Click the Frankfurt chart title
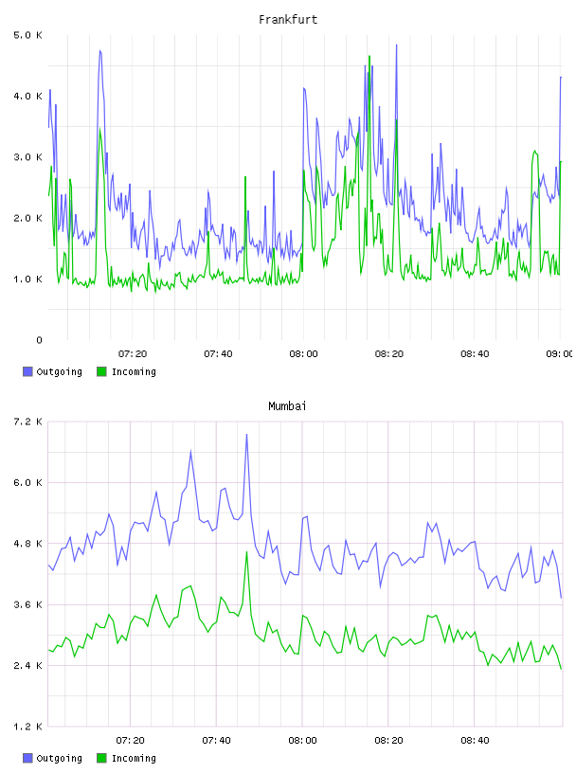coord(288,19)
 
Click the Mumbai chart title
coord(287,405)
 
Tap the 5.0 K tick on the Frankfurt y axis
coord(28,35)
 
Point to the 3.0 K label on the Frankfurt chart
coord(28,157)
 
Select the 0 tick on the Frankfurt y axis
coord(39,340)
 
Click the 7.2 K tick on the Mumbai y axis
coord(28,422)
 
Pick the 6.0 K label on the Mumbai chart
coord(28,482)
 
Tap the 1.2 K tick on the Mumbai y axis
coord(28,727)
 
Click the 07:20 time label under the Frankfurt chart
coord(133,353)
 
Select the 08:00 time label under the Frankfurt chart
coord(303,353)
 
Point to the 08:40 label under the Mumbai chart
coord(475,740)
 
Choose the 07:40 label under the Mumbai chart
coord(217,740)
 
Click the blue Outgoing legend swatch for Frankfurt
coord(27,371)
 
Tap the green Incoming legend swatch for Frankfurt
coord(101,371)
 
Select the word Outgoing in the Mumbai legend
coord(59,758)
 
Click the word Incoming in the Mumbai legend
coord(134,758)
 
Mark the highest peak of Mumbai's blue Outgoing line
coord(246,434)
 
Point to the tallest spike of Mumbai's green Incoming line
coord(246,551)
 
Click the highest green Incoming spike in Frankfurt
coord(369,56)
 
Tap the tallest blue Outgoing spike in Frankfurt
coord(397,45)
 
